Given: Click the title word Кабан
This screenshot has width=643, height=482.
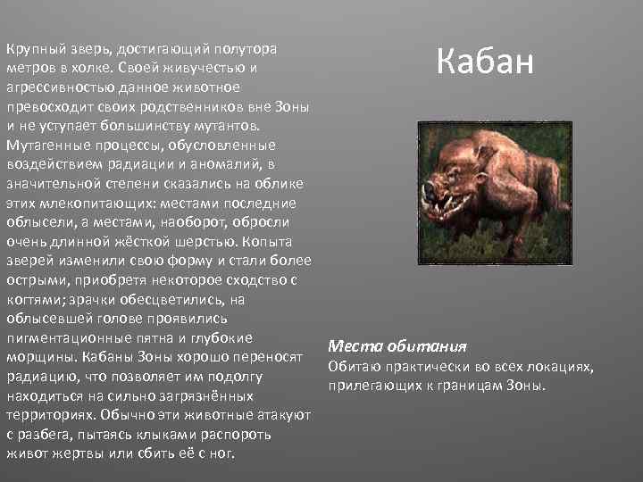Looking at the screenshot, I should [x=486, y=62].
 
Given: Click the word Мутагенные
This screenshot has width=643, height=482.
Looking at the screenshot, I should [x=46, y=145].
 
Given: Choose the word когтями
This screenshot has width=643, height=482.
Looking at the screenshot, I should [x=37, y=299].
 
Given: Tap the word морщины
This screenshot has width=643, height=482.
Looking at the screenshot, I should [x=36, y=357].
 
